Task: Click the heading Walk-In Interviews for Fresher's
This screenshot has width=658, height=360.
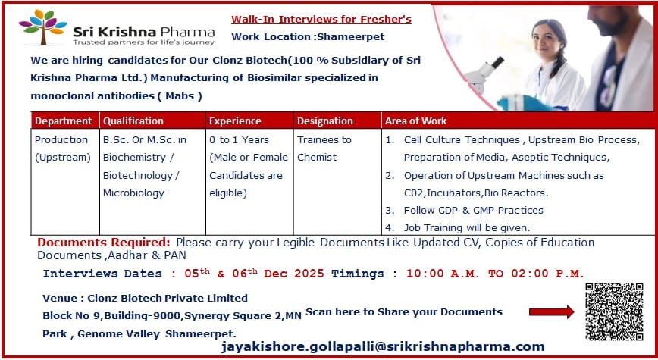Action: point(321,19)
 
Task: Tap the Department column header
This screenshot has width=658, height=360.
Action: point(64,121)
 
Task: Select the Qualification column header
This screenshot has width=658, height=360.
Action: point(133,121)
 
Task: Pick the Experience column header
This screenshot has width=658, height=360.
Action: point(235,121)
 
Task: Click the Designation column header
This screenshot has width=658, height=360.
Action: point(324,121)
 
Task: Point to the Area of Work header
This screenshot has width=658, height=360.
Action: point(415,121)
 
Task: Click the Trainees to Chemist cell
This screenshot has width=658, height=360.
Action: point(324,149)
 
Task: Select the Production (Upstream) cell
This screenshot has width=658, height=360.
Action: point(63,149)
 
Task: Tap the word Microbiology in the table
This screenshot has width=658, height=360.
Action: point(133,193)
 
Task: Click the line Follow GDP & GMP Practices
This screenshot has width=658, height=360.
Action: point(473,210)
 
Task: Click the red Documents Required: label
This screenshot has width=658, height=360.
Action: point(104,243)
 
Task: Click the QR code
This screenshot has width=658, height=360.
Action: point(614,311)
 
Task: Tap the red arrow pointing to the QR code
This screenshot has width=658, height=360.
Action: point(551,311)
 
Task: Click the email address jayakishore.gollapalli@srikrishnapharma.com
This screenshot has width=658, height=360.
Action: point(383,346)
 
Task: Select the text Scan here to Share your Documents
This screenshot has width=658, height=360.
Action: point(404,311)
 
